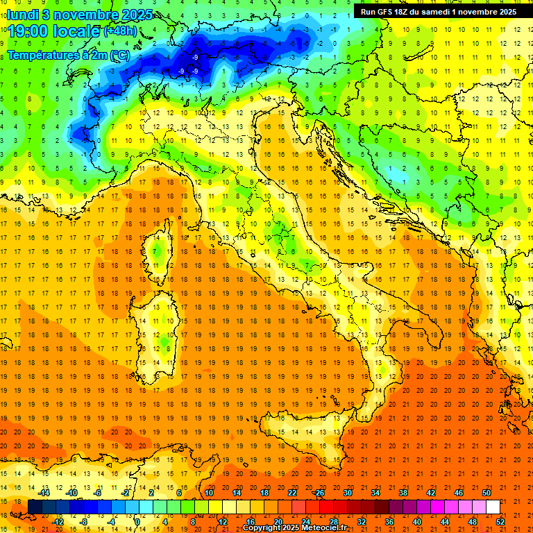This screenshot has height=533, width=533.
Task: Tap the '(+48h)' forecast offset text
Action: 120,32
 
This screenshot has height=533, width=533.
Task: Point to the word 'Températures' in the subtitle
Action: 44,54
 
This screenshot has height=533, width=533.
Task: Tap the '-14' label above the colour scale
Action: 44,493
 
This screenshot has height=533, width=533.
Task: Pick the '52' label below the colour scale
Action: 500,522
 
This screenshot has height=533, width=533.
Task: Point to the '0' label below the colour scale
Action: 138,522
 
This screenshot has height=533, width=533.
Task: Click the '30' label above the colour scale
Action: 347,493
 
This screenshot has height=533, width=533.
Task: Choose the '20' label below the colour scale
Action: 278,522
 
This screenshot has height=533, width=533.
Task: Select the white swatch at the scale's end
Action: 493,507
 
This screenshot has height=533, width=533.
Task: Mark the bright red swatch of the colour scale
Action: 326,507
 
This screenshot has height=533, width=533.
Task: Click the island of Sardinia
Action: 158,326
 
